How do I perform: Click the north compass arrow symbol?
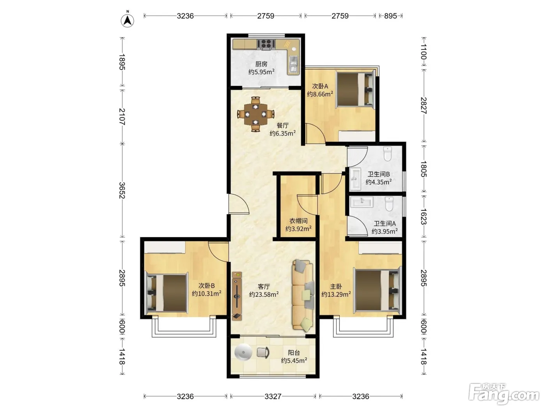click(128, 20)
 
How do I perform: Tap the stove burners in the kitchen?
click(266, 44)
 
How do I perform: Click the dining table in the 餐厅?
click(255, 114)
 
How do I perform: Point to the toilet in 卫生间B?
click(388, 153)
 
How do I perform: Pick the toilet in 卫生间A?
click(389, 204)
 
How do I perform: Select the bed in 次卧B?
click(167, 292)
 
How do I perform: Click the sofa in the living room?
click(303, 296)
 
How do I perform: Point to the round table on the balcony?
click(243, 352)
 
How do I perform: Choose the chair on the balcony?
click(263, 352)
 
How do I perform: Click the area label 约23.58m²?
click(264, 294)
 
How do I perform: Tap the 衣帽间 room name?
click(298, 221)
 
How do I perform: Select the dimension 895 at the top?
click(390, 16)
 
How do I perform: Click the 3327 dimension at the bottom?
click(273, 396)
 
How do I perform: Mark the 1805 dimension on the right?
click(424, 169)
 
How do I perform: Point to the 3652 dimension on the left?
click(122, 191)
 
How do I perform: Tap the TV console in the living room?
click(237, 296)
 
